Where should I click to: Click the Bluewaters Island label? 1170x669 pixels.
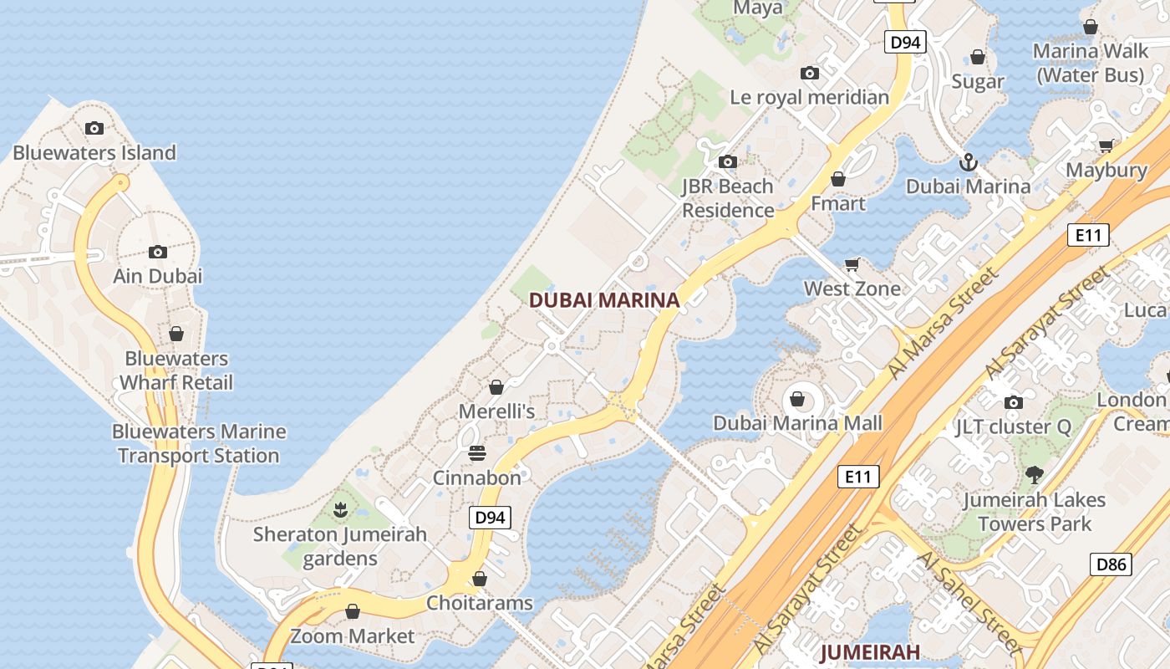click(x=94, y=153)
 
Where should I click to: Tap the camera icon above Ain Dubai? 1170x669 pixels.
click(x=158, y=252)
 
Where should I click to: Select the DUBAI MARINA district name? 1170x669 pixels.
click(x=604, y=300)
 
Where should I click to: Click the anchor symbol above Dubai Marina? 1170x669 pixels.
click(x=969, y=161)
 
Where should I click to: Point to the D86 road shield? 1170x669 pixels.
click(x=1111, y=564)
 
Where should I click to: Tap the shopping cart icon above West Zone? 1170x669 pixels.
click(x=852, y=265)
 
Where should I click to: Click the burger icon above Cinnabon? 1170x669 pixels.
click(x=477, y=453)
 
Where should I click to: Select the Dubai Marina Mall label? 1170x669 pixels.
click(x=797, y=423)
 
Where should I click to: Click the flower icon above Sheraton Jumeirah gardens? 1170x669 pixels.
click(x=340, y=509)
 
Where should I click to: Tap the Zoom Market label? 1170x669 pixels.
click(x=352, y=636)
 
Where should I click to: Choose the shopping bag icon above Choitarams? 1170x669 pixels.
click(x=480, y=579)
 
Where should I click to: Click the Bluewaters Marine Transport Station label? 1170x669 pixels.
click(x=199, y=444)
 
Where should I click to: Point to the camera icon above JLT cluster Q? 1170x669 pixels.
click(x=1014, y=402)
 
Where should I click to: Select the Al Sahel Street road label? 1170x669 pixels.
click(x=967, y=600)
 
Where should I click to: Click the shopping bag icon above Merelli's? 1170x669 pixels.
click(x=496, y=387)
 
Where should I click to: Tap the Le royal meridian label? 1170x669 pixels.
click(x=809, y=97)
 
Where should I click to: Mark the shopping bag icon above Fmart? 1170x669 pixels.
click(x=838, y=179)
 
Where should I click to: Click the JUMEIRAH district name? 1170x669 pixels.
click(x=870, y=651)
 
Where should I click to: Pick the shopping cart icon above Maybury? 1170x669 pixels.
click(x=1106, y=146)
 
